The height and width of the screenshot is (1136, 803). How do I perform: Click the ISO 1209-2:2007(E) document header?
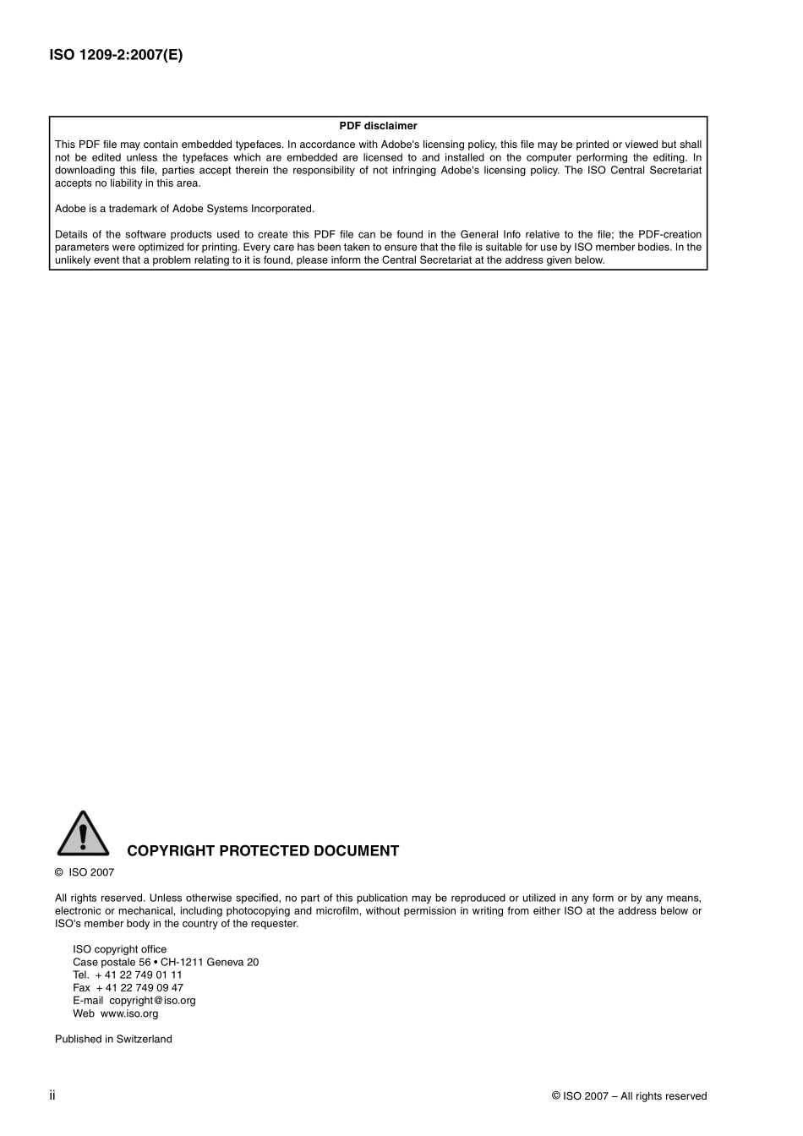[x=116, y=56]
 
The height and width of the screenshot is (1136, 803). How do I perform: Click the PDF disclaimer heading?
[x=378, y=126]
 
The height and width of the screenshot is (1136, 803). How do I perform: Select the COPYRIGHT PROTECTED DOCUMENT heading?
[x=263, y=851]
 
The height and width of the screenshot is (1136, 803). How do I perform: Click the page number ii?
[x=52, y=1095]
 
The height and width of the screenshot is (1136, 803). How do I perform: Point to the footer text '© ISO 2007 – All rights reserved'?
[x=629, y=1096]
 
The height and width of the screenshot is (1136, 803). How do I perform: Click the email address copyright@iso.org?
[x=152, y=1001]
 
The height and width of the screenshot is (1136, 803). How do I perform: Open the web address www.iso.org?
[x=129, y=1013]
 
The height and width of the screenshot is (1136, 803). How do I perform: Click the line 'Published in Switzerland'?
[x=113, y=1040]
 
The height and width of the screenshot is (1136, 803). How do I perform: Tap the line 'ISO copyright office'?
[x=119, y=949]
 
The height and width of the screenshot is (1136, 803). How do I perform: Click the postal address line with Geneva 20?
[x=166, y=962]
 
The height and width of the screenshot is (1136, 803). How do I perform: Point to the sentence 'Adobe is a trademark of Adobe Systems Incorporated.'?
[x=184, y=209]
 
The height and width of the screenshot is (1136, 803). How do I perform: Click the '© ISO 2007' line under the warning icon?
[x=85, y=872]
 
